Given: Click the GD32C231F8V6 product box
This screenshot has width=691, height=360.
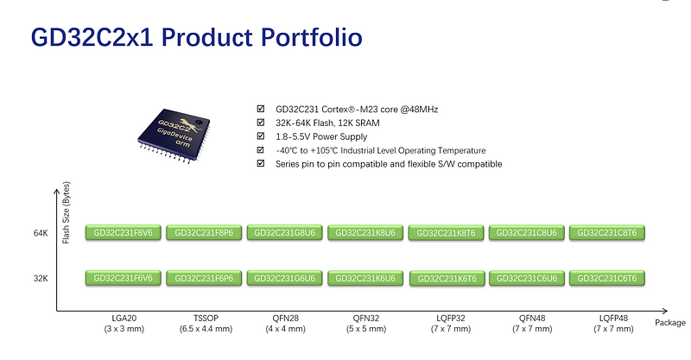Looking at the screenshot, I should [x=123, y=233].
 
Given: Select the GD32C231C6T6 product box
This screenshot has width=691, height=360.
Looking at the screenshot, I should [x=607, y=278].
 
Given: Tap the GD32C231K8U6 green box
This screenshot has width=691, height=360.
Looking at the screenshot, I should [x=365, y=233].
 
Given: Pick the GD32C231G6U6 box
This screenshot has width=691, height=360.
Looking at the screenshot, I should [x=284, y=278].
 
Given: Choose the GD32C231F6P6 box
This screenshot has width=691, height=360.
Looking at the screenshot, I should [x=204, y=278].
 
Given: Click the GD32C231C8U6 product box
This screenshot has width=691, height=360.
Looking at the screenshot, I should [x=527, y=233].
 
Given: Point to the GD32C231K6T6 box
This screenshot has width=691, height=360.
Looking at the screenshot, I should [x=446, y=278].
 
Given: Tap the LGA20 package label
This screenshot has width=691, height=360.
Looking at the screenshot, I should [x=123, y=319].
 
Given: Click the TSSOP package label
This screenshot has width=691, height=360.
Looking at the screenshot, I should [x=204, y=319].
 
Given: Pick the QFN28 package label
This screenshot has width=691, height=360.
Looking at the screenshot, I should [x=284, y=319].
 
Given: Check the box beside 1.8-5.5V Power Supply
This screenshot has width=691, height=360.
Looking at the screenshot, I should [x=261, y=136].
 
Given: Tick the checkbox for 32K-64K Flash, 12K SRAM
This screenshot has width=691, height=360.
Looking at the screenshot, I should [x=261, y=123].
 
